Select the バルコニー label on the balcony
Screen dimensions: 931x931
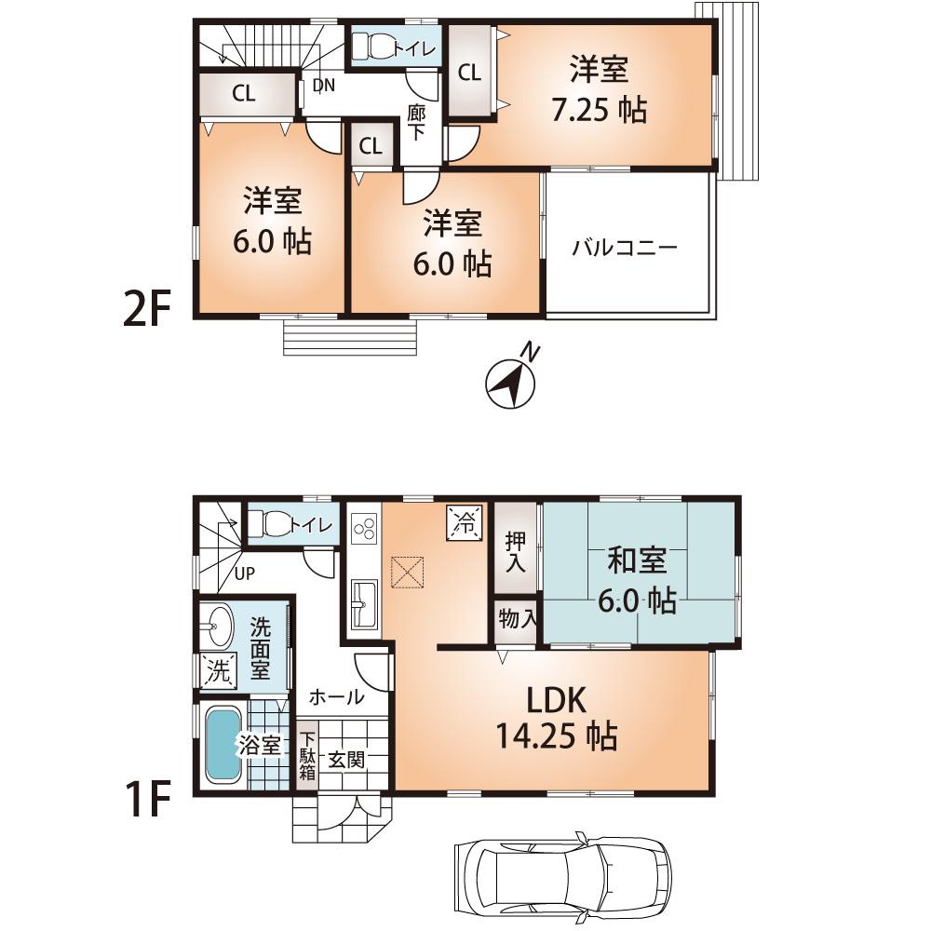(625, 249)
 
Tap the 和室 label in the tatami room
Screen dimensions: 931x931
(637, 561)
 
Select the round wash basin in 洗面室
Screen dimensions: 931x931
(219, 625)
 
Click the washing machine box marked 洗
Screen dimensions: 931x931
(218, 671)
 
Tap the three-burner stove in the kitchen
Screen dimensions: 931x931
(363, 530)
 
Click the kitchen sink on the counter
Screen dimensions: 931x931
(363, 604)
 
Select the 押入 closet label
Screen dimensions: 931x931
(515, 552)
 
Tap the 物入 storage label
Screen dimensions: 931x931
(516, 619)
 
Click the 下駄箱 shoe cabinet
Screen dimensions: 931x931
(307, 757)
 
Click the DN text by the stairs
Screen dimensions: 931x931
(323, 86)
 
